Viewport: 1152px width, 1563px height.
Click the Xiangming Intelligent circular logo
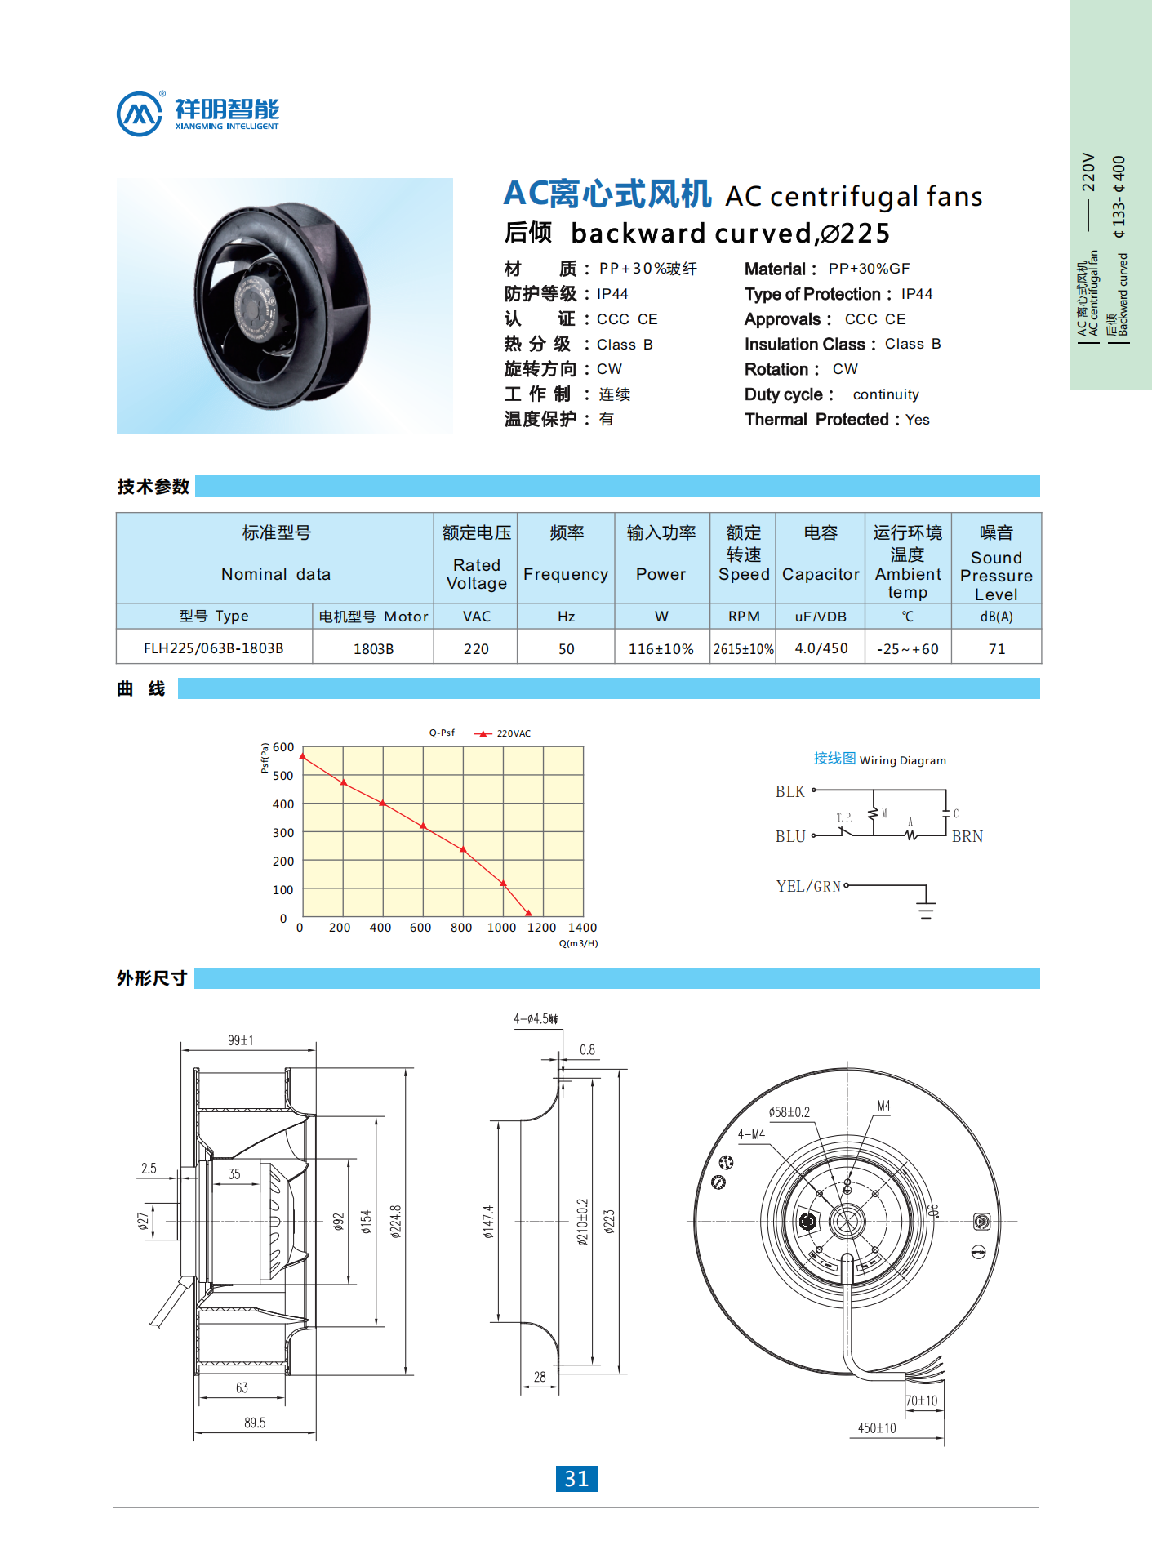click(140, 114)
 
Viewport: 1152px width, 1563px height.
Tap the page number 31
click(576, 1478)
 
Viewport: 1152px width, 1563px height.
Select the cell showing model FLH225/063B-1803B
click(214, 648)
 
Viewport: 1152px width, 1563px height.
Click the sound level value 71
click(996, 649)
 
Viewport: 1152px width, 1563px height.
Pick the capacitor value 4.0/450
click(821, 648)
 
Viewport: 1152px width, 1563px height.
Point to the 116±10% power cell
click(661, 649)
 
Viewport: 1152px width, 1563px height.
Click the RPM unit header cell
click(744, 617)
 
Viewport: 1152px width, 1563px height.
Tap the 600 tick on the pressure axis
click(283, 747)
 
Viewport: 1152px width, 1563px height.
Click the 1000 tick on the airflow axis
click(501, 928)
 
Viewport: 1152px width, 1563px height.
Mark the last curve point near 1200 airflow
click(528, 913)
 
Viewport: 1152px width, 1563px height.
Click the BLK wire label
click(789, 791)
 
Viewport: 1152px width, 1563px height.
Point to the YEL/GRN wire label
click(808, 886)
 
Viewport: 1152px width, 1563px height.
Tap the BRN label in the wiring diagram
click(967, 836)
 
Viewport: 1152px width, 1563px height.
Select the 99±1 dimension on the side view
click(241, 1040)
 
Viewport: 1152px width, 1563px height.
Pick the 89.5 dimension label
click(255, 1423)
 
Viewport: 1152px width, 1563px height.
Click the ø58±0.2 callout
click(789, 1112)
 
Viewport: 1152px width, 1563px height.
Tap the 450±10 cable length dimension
click(877, 1428)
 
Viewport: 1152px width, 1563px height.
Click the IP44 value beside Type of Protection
click(917, 294)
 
